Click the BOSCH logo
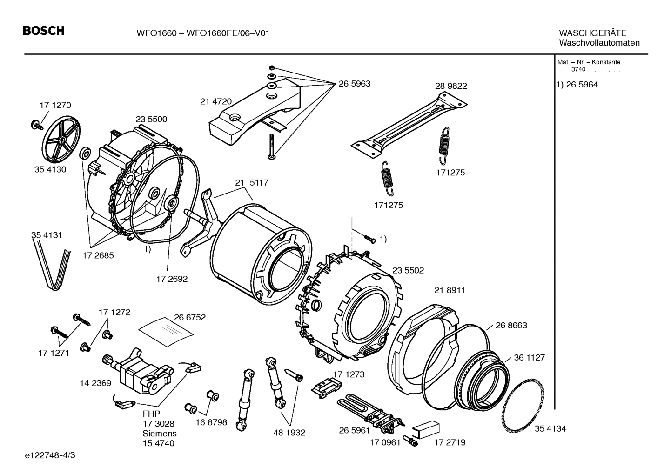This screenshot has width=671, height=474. (43, 31)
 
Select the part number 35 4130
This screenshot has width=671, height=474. (50, 169)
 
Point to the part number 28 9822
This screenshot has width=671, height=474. (450, 86)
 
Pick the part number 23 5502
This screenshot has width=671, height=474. (408, 270)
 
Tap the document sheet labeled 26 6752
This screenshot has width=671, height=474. (167, 330)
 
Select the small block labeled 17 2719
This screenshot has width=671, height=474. (425, 428)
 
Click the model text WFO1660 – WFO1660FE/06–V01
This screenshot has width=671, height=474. (203, 33)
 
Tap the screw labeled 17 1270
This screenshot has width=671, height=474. (36, 124)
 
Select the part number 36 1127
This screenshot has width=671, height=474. (529, 358)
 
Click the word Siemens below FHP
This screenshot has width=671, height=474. (159, 434)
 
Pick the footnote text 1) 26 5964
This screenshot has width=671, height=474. (577, 85)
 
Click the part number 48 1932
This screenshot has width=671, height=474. (289, 433)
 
